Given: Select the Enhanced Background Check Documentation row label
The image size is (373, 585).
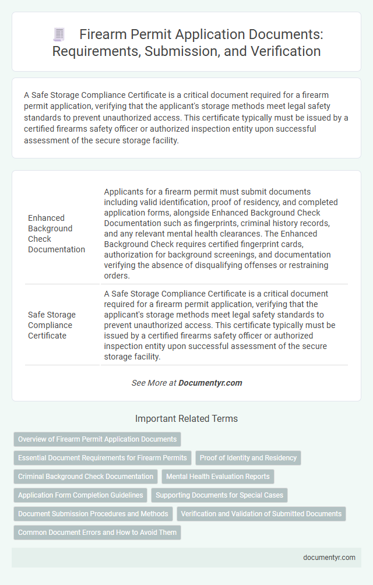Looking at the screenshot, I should [x=57, y=234].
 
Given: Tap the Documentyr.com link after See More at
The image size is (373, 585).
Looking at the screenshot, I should [x=210, y=383].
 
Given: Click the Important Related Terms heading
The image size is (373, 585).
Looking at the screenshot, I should [x=186, y=418].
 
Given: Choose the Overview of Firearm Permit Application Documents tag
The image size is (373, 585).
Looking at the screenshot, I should [x=97, y=439].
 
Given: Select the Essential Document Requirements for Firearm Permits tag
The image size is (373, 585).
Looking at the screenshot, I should [x=103, y=457].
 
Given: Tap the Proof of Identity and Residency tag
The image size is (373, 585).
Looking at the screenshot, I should [x=248, y=457].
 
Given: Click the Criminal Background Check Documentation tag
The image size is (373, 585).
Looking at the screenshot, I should [x=86, y=476].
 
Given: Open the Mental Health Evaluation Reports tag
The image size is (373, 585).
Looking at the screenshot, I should [x=217, y=476].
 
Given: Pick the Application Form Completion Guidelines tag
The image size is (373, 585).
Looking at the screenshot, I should [x=80, y=495].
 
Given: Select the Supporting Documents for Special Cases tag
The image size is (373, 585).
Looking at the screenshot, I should [x=219, y=495].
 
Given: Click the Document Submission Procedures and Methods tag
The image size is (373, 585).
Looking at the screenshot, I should [x=93, y=514].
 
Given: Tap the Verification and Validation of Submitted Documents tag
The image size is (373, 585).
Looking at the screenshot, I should [x=261, y=514].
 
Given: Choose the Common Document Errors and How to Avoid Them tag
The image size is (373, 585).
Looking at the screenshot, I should [x=97, y=533].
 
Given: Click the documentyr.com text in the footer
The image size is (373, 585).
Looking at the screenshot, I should [x=329, y=557].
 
